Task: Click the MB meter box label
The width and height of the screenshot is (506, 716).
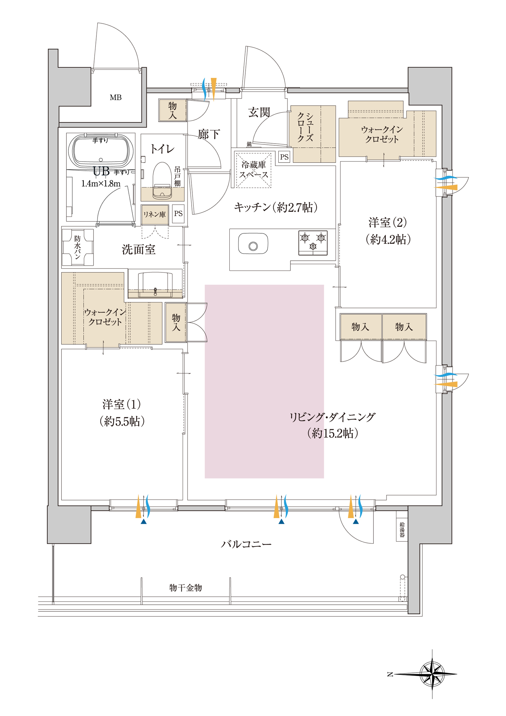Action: pyautogui.click(x=115, y=97)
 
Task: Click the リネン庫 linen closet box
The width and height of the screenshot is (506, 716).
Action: pyautogui.click(x=154, y=214)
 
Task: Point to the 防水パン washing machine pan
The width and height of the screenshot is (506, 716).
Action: pyautogui.click(x=78, y=248)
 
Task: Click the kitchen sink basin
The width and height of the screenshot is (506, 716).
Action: pyautogui.click(x=253, y=244)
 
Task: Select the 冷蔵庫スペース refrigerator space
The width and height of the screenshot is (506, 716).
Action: pyautogui.click(x=253, y=170)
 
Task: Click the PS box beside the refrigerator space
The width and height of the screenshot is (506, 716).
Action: pyautogui.click(x=284, y=157)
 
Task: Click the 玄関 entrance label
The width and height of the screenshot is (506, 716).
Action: pyautogui.click(x=259, y=112)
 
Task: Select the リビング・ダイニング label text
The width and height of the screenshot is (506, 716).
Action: pyautogui.click(x=332, y=418)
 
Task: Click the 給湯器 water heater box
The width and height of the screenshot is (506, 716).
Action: pyautogui.click(x=402, y=529)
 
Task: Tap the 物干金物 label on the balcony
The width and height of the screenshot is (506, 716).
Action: pyautogui.click(x=186, y=588)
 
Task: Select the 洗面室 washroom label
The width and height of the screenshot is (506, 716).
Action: pyautogui.click(x=138, y=250)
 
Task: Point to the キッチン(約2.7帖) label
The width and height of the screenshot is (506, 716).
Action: pyautogui.click(x=276, y=207)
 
